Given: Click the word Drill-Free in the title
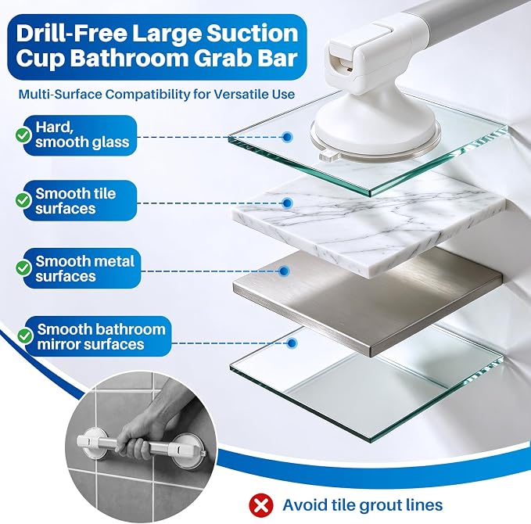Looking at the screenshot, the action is click(72, 33).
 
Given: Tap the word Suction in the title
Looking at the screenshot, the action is click(253, 33).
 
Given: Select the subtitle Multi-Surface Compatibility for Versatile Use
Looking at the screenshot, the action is click(156, 94).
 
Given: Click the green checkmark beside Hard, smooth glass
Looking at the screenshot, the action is click(23, 135).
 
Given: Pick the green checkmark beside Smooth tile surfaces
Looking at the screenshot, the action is click(23, 200).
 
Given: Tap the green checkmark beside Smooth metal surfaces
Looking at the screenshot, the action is click(23, 267).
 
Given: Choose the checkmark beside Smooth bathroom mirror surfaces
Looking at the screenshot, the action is click(25, 336).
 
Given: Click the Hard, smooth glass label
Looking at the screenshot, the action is click(82, 135).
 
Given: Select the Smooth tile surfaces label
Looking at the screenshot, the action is click(76, 201).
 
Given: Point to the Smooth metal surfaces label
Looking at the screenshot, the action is click(84, 268).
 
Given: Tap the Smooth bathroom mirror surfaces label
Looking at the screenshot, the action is click(101, 336).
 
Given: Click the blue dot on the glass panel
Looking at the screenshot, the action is click(287, 137).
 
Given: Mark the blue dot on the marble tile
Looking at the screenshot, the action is click(288, 203).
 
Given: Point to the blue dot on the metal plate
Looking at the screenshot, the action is click(284, 271).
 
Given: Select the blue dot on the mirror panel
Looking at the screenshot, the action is click(292, 343).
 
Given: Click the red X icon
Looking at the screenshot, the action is click(261, 505).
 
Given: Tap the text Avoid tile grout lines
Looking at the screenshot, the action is click(363, 504).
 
